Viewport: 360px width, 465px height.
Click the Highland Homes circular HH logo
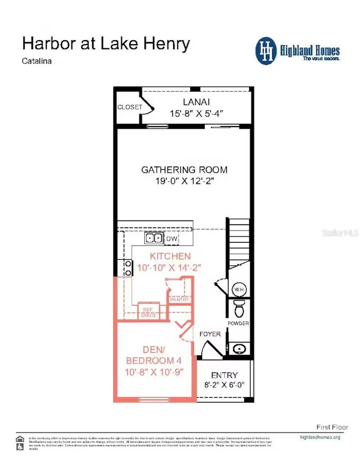click(x=266, y=51)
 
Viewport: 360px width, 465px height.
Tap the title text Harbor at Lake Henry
click(x=106, y=44)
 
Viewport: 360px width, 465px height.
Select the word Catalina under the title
click(x=37, y=61)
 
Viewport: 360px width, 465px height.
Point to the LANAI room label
click(x=196, y=102)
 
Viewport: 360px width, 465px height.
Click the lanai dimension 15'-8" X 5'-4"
click(x=196, y=113)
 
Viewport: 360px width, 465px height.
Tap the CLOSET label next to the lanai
click(x=130, y=107)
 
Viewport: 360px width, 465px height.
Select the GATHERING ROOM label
click(x=184, y=170)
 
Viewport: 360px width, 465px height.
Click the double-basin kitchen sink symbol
click(x=154, y=238)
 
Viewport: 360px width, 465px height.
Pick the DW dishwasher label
click(x=172, y=239)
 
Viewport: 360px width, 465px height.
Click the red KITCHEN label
click(x=170, y=256)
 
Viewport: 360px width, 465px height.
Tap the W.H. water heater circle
click(x=239, y=289)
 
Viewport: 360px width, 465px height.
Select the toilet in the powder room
click(x=239, y=308)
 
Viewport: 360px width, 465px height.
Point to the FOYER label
click(x=210, y=334)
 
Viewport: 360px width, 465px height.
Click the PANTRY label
click(x=179, y=300)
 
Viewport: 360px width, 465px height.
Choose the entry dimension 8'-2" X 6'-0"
click(x=224, y=385)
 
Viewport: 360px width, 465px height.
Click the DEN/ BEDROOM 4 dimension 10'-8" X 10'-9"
click(x=154, y=372)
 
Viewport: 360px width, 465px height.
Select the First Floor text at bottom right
click(x=332, y=427)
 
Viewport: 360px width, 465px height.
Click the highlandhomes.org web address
click(x=320, y=437)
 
